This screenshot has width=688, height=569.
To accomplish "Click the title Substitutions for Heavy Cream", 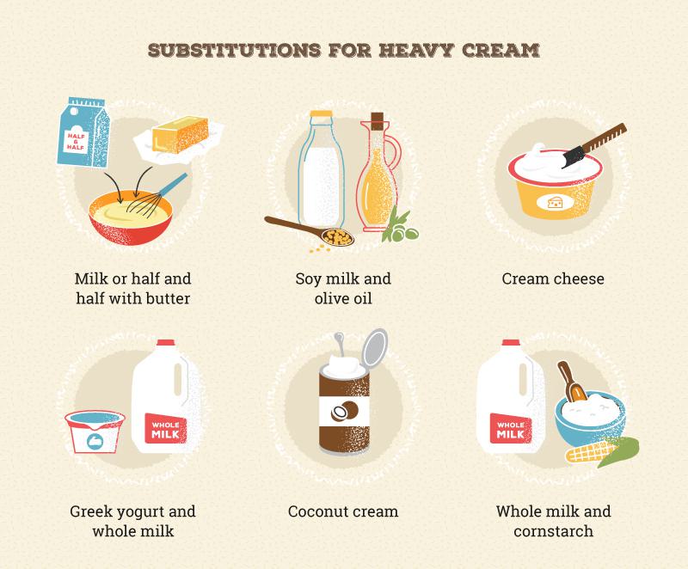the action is point(343,50).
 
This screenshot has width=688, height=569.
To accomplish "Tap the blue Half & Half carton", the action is point(83,132).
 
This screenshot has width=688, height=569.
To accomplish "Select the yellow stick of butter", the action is point(180,134).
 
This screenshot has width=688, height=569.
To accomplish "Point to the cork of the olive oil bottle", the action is point(378,121).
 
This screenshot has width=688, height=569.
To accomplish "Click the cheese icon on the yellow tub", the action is point(556,203).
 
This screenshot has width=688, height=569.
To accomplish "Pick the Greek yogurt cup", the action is point(95,431).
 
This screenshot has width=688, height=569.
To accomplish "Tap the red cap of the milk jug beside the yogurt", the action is point(165,342).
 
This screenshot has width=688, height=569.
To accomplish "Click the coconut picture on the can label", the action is point(345,412).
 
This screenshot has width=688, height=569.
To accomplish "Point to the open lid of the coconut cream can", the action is point(375,347).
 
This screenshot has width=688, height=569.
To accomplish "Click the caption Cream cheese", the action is point(553,278).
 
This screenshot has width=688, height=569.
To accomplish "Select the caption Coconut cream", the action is point(343,511).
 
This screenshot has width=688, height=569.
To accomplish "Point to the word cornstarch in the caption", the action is point(553,531).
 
